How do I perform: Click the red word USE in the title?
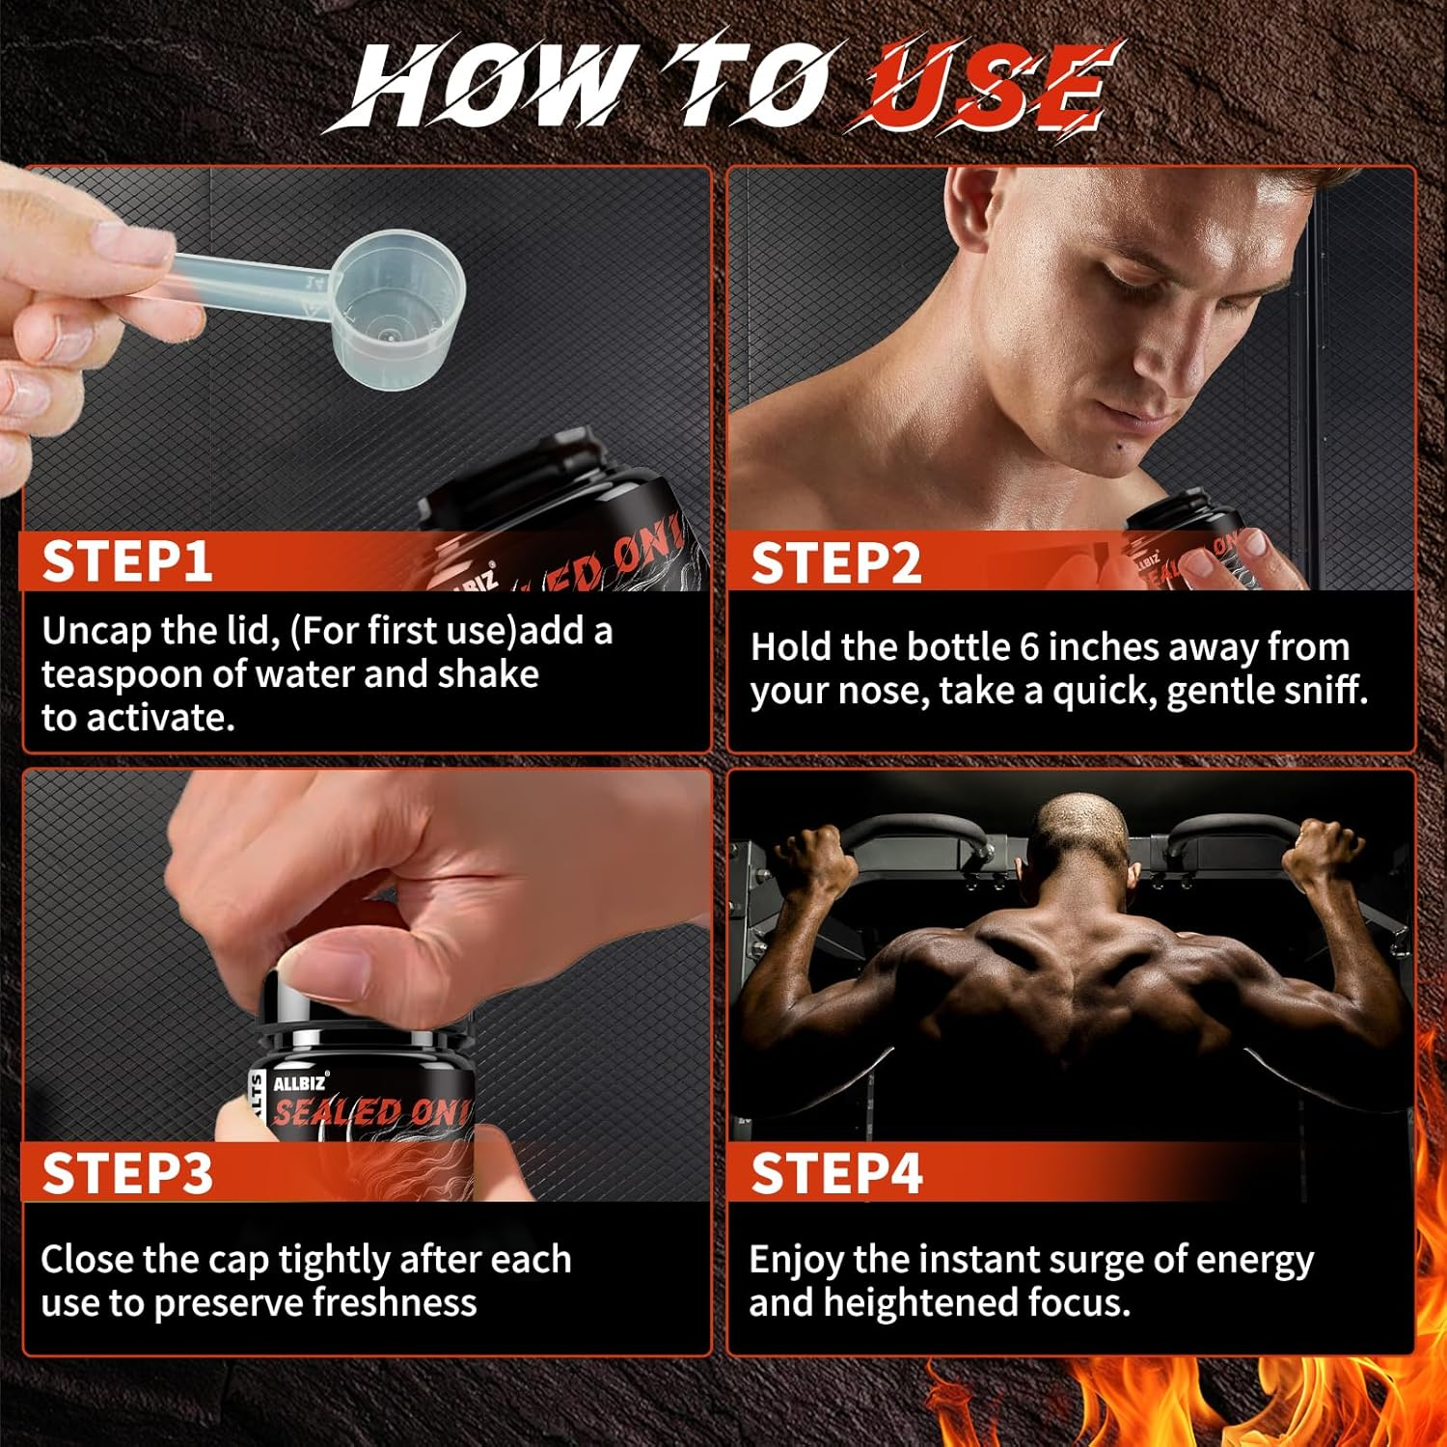point(989,87)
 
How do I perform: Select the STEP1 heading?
point(126,561)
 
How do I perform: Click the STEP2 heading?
point(835,563)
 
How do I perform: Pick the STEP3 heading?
point(126,1174)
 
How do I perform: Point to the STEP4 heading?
point(835,1174)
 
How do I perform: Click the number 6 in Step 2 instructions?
point(1029,647)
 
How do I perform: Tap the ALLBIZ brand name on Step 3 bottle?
point(300,1083)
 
